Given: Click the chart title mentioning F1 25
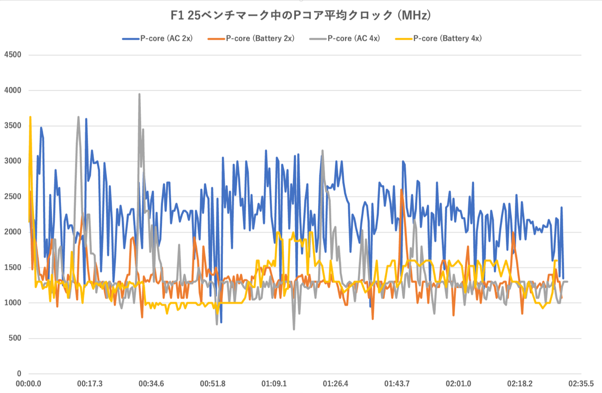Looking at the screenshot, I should pyautogui.click(x=301, y=16).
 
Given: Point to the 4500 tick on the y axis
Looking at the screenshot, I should pyautogui.click(x=13, y=55).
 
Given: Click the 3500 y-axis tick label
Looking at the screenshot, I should pyautogui.click(x=13, y=126).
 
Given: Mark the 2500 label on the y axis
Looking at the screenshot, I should pyautogui.click(x=13, y=196).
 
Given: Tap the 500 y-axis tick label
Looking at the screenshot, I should pyautogui.click(x=14, y=338).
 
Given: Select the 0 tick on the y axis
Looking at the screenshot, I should pyautogui.click(x=19, y=374).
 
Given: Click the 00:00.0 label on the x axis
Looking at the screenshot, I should pyautogui.click(x=28, y=384).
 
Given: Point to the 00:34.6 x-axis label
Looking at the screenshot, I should pyautogui.click(x=151, y=384).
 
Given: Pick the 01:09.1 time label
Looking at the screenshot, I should pyautogui.click(x=274, y=384).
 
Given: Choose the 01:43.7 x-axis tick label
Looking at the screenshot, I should pyautogui.click(x=397, y=384).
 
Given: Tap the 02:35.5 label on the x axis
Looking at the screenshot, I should pyautogui.click(x=581, y=384).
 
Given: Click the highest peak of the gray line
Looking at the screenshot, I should pyautogui.click(x=139, y=94).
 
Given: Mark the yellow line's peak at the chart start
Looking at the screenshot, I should pyautogui.click(x=30, y=117).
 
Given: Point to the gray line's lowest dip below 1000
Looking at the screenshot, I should pyautogui.click(x=294, y=329).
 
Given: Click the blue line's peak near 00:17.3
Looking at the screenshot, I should pyautogui.click(x=86, y=119).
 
